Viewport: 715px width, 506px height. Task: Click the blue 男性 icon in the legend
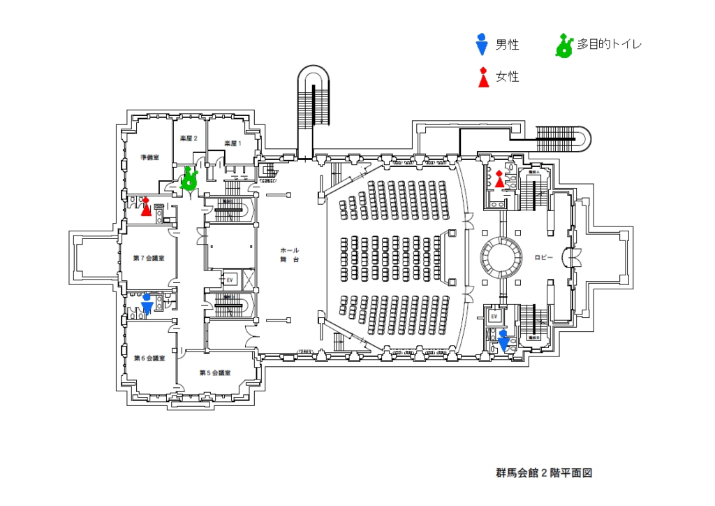point(481,45)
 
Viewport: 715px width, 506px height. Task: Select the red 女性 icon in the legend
point(482,78)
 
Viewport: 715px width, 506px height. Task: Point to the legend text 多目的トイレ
point(609,45)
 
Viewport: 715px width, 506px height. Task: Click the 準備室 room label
point(149,157)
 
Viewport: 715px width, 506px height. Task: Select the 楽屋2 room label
point(189,138)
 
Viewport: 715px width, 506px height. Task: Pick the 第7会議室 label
point(149,259)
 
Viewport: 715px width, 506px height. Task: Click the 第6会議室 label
point(149,359)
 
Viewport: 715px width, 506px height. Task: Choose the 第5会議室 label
point(215,373)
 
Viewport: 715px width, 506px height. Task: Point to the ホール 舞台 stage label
point(290,254)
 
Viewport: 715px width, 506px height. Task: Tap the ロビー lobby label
point(544,258)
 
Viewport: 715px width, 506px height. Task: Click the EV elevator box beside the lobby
point(494,317)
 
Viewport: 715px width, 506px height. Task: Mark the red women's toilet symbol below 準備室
point(146,206)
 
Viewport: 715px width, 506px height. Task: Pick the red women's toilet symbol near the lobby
point(499,180)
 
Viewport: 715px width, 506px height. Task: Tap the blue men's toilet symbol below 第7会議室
point(147,304)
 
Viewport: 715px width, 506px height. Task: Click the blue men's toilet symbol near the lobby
point(504,340)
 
